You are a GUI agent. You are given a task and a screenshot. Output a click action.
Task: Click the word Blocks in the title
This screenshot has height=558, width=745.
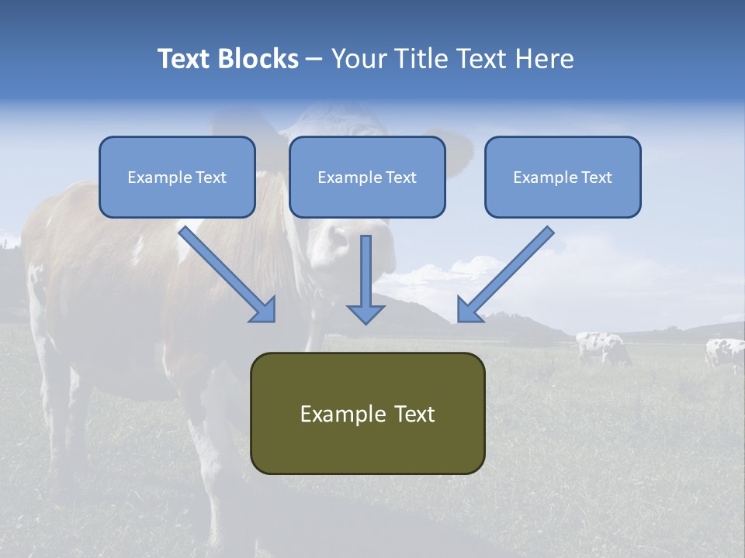259,59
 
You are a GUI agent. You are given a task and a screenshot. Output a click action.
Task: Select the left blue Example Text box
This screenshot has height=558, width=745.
177,177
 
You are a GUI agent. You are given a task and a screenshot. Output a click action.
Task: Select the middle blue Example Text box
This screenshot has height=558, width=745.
367,177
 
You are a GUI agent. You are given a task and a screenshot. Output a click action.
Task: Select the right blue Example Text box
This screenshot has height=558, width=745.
563,177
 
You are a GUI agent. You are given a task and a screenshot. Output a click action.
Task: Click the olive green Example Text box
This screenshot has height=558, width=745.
367,413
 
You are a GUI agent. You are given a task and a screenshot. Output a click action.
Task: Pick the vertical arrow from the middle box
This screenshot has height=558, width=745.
366,275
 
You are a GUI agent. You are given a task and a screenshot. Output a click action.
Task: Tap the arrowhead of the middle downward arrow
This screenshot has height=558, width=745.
366,314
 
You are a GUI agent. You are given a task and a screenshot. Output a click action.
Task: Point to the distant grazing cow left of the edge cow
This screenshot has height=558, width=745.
601,346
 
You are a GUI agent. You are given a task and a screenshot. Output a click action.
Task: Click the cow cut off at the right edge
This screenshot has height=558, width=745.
726,353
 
